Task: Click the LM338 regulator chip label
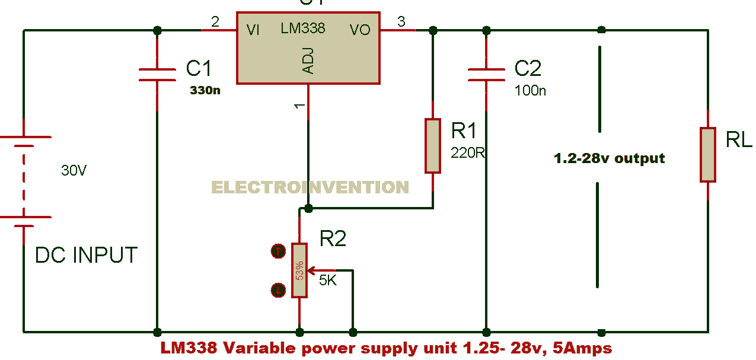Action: [x=302, y=28]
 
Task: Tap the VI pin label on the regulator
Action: [x=253, y=30]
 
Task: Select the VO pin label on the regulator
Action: [x=359, y=30]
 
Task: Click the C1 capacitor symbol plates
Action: [x=157, y=74]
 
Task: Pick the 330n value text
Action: [x=205, y=91]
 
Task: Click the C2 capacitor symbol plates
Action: [x=486, y=74]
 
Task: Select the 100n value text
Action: [x=530, y=91]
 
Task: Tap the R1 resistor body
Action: [x=433, y=145]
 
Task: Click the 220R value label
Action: [x=468, y=152]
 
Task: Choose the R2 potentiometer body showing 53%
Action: [x=299, y=270]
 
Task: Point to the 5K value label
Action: [x=328, y=281]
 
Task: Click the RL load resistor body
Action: [x=707, y=154]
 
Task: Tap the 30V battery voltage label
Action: [x=74, y=171]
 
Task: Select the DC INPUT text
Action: [x=86, y=255]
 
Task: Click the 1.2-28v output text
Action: [x=609, y=159]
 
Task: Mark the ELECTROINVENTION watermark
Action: [x=310, y=187]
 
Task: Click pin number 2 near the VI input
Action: [x=215, y=22]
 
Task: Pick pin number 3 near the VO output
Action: [x=401, y=22]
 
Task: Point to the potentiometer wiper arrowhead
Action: [x=311, y=271]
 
